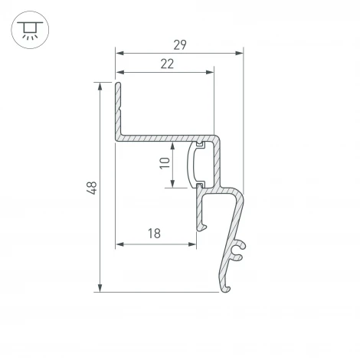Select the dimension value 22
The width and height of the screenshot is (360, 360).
tap(166, 64)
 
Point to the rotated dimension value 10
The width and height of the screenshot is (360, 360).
tap(165, 163)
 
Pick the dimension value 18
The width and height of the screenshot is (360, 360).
tap(155, 234)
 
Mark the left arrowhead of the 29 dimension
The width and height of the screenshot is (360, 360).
tap(119, 53)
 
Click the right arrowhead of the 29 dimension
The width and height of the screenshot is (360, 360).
tap(239, 53)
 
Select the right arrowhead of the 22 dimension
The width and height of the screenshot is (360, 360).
tap(210, 73)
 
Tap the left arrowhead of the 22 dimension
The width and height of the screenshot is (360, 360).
tap(119, 73)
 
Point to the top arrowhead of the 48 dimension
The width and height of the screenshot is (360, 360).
tap(100, 85)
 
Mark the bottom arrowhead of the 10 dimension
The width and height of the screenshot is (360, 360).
tap(175, 184)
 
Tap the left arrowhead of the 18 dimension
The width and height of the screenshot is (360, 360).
tap(119, 244)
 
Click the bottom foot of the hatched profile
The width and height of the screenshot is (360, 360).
tap(227, 288)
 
